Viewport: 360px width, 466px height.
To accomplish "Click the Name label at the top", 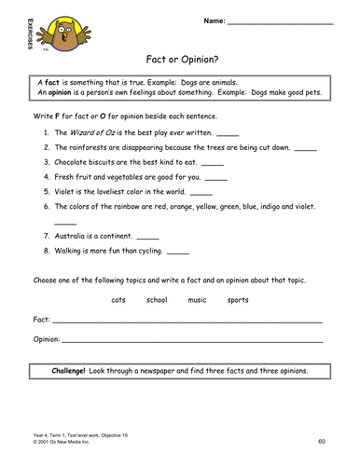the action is (x=213, y=20).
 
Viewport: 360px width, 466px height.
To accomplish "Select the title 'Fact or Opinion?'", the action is (x=183, y=59).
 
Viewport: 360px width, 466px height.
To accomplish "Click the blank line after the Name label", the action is (x=279, y=21).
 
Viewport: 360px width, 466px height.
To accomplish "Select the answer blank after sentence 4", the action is (x=215, y=177).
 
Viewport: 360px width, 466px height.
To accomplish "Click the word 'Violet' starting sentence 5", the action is (x=66, y=191).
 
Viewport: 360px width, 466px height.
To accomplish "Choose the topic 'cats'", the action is (x=118, y=300).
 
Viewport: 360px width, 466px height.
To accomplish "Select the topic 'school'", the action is (x=157, y=300).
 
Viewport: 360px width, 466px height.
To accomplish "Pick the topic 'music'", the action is (x=197, y=300).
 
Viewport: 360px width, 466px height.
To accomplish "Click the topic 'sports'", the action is (x=238, y=300).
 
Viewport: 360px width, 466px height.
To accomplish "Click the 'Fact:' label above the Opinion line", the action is (x=42, y=320).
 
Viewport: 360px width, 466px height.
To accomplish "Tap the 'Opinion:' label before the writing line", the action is (x=47, y=339).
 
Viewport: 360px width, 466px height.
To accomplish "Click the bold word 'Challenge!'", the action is (x=73, y=370).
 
